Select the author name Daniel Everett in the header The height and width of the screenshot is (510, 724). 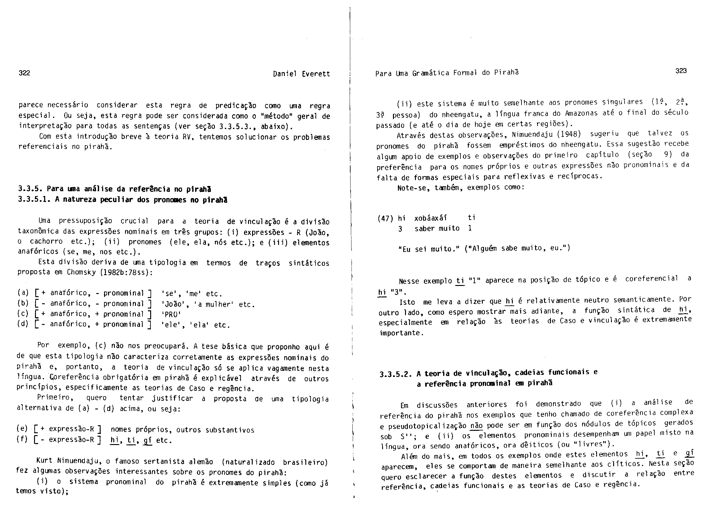point(301,74)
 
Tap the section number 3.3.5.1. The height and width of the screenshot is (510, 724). point(34,200)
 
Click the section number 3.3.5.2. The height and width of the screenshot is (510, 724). point(396,374)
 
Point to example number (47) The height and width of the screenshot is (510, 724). point(385,218)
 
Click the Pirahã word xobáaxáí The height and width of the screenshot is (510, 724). point(430,218)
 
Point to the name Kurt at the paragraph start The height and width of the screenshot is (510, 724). point(45,460)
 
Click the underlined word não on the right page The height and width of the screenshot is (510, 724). point(477,426)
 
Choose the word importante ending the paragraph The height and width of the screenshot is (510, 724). point(400,333)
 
